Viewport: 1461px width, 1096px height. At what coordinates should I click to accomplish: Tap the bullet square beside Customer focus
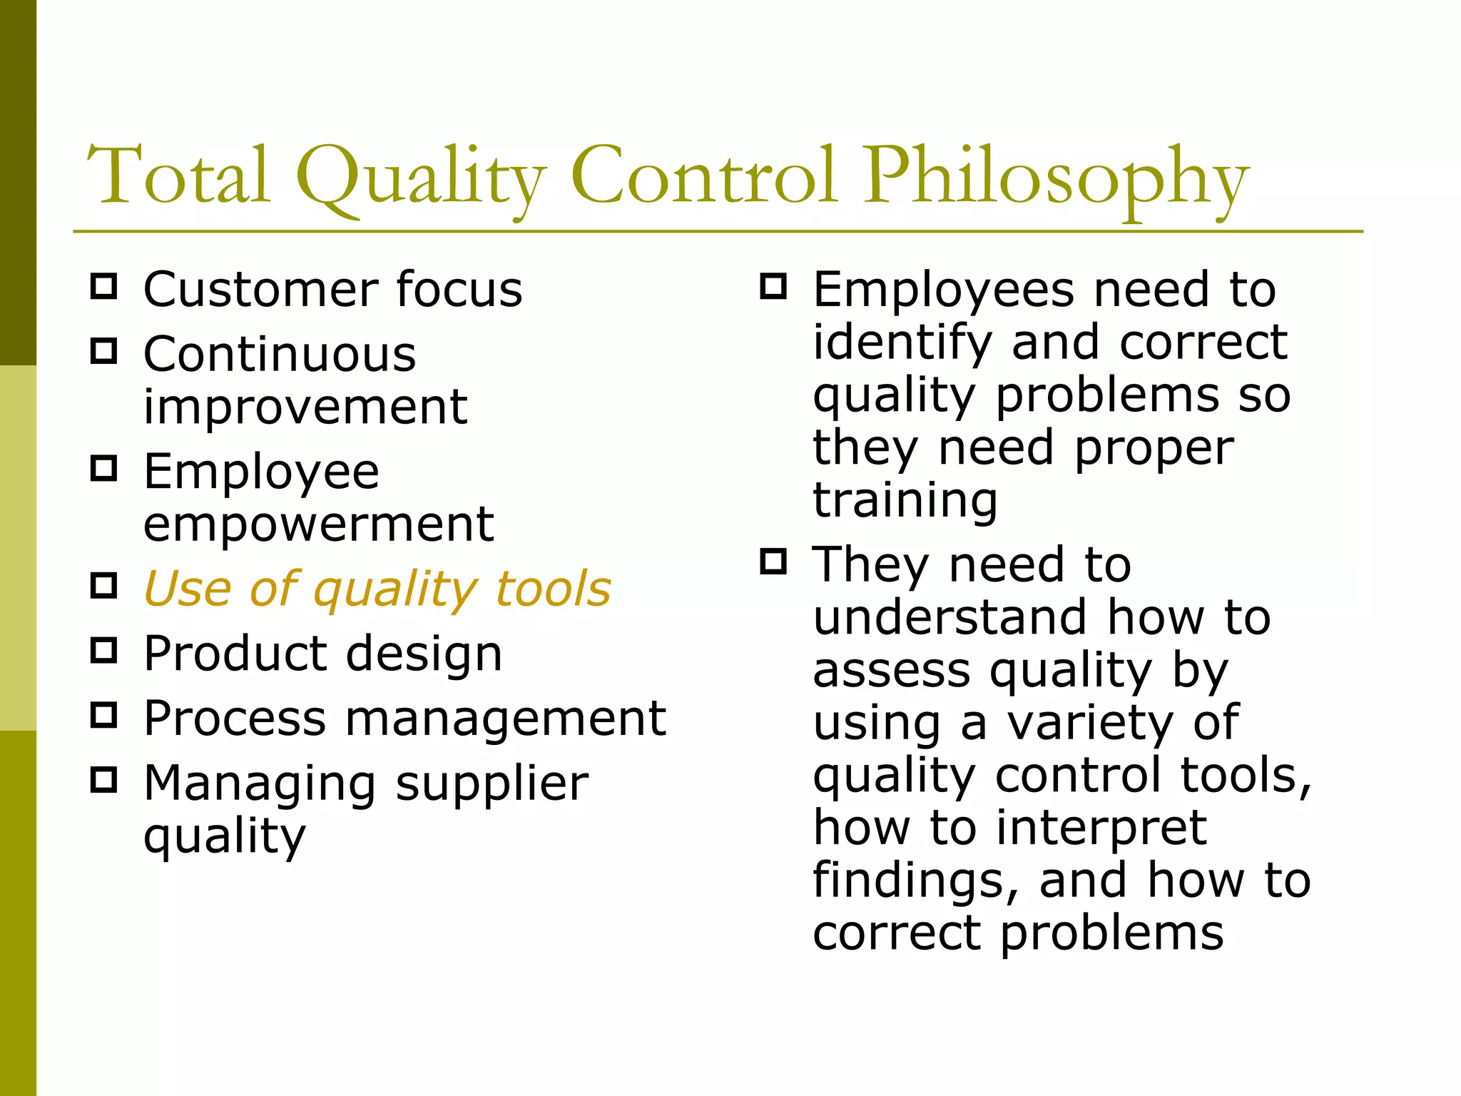point(104,286)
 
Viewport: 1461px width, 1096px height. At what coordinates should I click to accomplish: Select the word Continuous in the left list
point(280,354)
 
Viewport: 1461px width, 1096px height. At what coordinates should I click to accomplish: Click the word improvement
point(305,407)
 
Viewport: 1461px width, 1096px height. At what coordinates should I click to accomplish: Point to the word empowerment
point(318,524)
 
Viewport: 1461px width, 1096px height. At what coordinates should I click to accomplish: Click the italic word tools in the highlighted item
point(553,589)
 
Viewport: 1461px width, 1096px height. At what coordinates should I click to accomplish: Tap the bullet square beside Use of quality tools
point(104,586)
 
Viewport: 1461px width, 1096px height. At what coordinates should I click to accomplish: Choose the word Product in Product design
point(235,654)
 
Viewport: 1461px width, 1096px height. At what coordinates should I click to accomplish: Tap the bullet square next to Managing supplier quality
point(104,780)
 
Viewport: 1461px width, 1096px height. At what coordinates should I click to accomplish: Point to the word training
point(905,499)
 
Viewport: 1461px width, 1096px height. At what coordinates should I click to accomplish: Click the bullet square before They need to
point(773,562)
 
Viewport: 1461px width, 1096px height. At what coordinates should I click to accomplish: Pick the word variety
point(1089,723)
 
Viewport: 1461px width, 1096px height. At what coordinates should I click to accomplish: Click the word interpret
point(1101,828)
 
